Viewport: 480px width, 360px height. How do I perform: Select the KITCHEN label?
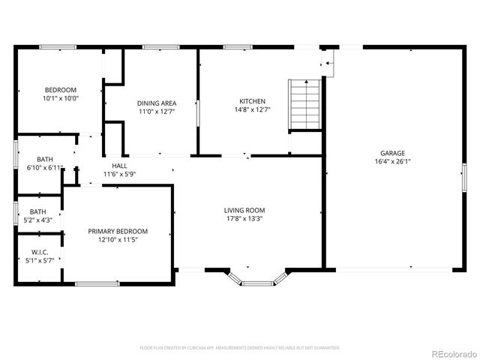click(x=252, y=101)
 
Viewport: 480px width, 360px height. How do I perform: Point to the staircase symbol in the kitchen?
click(x=304, y=104)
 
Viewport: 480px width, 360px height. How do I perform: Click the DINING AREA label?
click(x=156, y=103)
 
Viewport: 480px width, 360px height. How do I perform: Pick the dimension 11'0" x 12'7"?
click(x=156, y=112)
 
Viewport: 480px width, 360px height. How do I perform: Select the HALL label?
click(x=119, y=166)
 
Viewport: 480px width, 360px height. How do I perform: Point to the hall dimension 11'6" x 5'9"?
click(x=119, y=174)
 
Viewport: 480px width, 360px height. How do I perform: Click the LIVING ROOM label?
click(x=244, y=211)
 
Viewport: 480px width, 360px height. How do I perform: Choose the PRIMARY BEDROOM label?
click(x=118, y=231)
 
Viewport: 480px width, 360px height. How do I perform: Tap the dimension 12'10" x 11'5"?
click(x=118, y=240)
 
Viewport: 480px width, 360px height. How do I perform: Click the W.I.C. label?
click(x=40, y=252)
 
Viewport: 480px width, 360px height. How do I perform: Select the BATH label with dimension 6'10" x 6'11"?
click(x=45, y=159)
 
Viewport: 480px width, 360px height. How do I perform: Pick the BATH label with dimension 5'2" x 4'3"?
click(x=37, y=211)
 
